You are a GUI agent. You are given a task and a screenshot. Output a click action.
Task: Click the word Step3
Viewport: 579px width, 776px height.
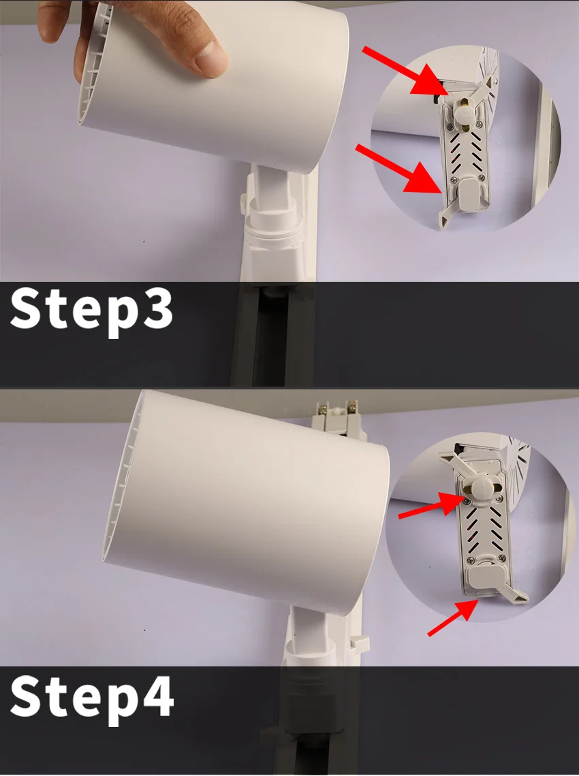(x=92, y=310)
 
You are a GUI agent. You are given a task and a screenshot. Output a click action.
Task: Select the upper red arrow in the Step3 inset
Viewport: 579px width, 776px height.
(x=406, y=70)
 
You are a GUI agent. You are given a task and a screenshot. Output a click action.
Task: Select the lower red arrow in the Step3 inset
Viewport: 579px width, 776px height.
(x=398, y=168)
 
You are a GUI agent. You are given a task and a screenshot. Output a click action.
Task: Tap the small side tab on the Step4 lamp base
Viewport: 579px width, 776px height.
(x=359, y=643)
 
